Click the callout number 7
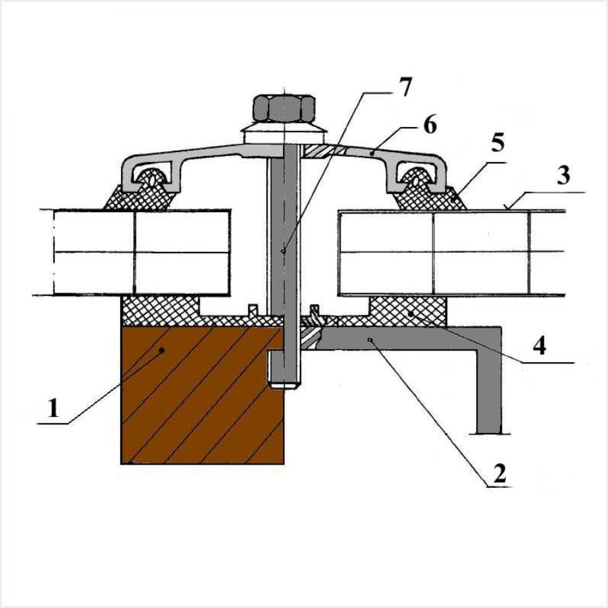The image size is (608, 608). (x=404, y=87)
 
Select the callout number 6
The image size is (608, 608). (x=430, y=124)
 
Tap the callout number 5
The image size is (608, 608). (x=498, y=143)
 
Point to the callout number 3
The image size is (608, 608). (x=563, y=175)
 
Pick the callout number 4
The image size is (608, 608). (x=539, y=346)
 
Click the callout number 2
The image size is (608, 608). (x=500, y=474)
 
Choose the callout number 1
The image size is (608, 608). (x=53, y=408)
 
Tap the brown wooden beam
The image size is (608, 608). (x=203, y=395)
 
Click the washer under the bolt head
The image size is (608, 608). (x=284, y=133)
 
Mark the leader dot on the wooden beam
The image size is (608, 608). (x=162, y=350)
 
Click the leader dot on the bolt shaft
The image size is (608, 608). (x=284, y=251)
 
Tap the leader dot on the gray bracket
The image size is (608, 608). (x=370, y=340)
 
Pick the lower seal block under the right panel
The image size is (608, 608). (x=408, y=311)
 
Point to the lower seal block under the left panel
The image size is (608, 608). (x=161, y=311)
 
